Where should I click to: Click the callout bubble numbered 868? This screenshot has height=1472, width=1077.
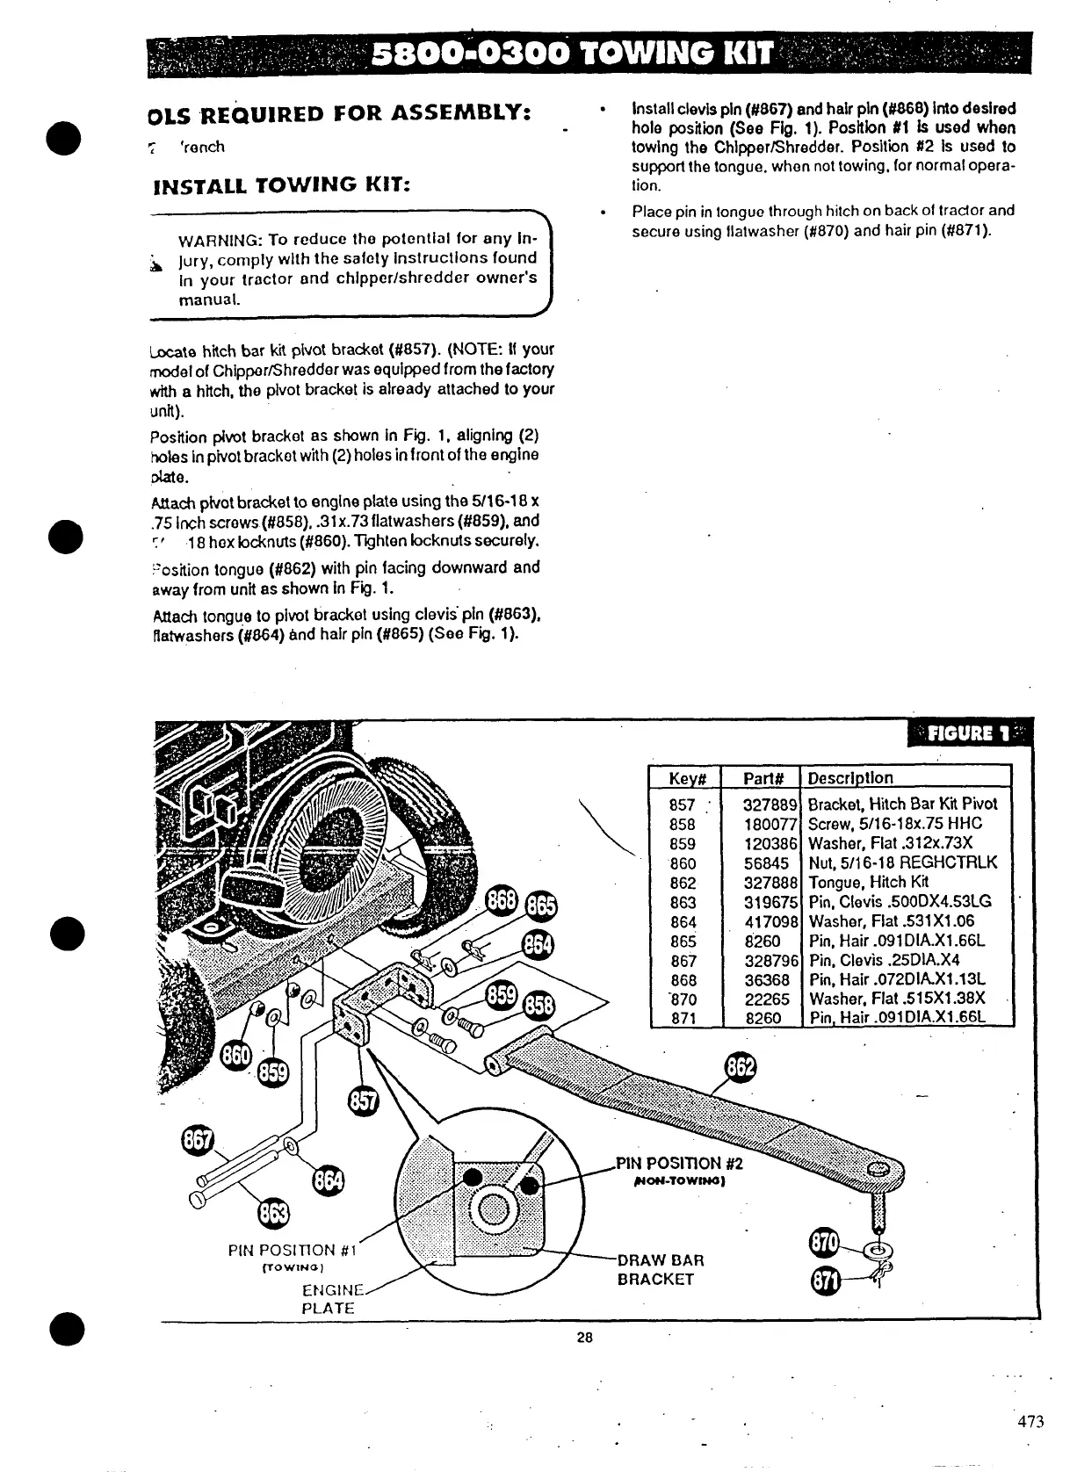pos(502,902)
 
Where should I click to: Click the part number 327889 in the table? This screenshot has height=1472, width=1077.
pos(770,805)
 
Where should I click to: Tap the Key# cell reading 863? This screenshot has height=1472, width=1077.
pos(683,902)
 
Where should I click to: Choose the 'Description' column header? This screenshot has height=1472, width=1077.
pos(849,778)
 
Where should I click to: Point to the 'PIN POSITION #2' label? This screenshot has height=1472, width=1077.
pos(680,1164)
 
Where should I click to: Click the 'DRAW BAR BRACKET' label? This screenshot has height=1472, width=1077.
pos(661,1270)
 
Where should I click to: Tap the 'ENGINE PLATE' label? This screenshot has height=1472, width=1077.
pos(330,1299)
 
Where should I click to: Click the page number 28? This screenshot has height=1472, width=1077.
pos(585,1338)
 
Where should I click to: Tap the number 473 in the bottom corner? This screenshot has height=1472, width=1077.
pos(1031,1422)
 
